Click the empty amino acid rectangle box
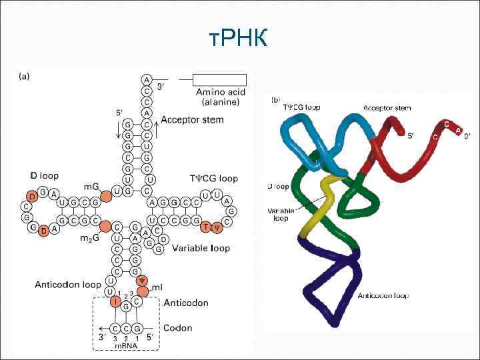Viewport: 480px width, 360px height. pyautogui.click(x=220, y=79)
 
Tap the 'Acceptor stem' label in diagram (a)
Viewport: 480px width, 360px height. pyautogui.click(x=192, y=120)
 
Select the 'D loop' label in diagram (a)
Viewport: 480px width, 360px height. pyautogui.click(x=44, y=176)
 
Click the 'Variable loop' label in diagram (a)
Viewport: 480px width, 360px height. pyautogui.click(x=201, y=248)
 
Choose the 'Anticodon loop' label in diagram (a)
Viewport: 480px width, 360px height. pyautogui.click(x=67, y=285)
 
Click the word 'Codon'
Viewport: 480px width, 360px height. pyautogui.click(x=178, y=328)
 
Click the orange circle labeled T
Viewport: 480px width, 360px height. pyautogui.click(x=206, y=227)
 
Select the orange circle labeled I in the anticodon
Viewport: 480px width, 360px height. pyautogui.click(x=116, y=303)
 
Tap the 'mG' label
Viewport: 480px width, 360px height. pyautogui.click(x=91, y=187)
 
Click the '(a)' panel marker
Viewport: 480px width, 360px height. pyautogui.click(x=23, y=76)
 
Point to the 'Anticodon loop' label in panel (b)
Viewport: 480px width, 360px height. pyautogui.click(x=383, y=295)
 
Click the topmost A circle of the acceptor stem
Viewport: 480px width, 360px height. pyautogui.click(x=147, y=79)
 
